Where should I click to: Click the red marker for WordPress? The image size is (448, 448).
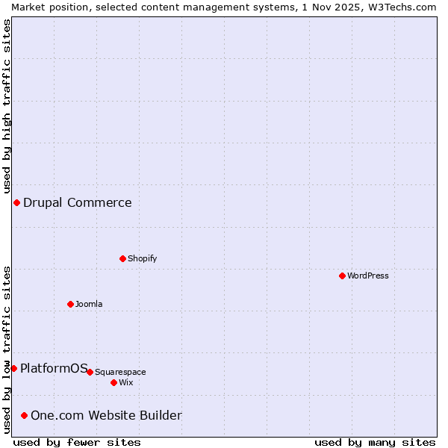point(342,276)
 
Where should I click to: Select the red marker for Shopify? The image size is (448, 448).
point(122,258)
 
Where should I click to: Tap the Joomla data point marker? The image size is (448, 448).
point(70,304)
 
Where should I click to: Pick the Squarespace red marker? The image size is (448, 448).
point(90,372)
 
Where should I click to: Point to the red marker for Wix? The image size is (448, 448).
point(113,382)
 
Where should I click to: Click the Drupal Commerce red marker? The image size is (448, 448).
point(16,202)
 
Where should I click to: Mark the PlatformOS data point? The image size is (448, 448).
point(13,368)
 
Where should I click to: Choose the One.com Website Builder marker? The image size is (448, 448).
point(25,415)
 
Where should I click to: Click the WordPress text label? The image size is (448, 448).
point(368,276)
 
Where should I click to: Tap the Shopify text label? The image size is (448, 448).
point(142,258)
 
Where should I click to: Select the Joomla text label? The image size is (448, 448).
point(89,304)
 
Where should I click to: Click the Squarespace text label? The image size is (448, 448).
point(120,372)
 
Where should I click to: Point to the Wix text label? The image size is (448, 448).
point(126,382)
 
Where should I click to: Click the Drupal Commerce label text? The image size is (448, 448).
point(78,202)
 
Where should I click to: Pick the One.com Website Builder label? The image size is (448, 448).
point(106,415)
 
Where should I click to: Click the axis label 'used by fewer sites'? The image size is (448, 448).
point(77,442)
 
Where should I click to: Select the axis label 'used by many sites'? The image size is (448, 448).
point(375,442)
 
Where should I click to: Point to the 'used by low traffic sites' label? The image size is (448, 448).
point(7,350)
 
